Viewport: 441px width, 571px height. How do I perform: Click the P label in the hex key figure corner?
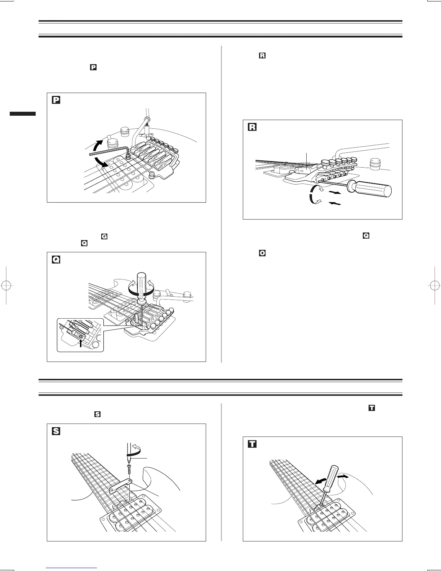click(x=56, y=100)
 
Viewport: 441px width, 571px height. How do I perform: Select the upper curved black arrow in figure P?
click(x=97, y=145)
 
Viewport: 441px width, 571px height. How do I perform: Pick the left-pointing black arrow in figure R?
click(x=335, y=204)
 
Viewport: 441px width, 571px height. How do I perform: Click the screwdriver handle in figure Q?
click(x=142, y=277)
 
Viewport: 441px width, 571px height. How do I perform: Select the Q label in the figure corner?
click(x=56, y=260)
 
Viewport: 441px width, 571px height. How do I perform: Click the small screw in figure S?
click(x=129, y=470)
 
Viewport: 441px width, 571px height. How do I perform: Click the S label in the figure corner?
click(x=56, y=431)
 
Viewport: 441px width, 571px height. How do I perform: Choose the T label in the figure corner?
click(x=252, y=444)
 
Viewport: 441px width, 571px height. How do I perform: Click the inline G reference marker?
click(x=104, y=237)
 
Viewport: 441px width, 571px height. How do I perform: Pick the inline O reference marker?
click(x=262, y=253)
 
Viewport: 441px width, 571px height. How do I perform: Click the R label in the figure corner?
click(x=252, y=127)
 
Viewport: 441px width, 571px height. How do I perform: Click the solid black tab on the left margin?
click(x=23, y=114)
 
